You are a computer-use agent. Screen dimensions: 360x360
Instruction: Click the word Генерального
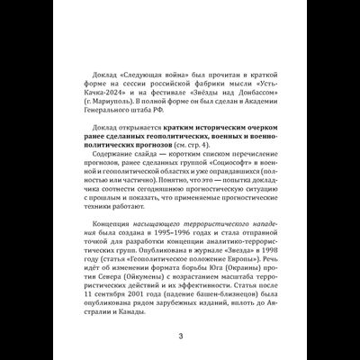[109, 114]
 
